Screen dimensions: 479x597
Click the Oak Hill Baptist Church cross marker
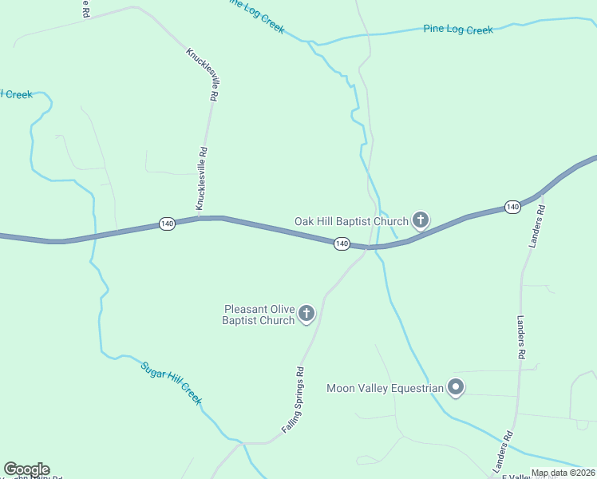421,220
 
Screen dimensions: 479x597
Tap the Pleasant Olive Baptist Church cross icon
306,315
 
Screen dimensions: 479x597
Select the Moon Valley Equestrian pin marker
456,388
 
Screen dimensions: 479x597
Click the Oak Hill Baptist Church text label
351,221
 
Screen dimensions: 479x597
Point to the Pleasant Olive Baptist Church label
259,315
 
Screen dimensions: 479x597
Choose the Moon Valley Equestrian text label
385,389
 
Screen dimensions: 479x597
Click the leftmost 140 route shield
167,224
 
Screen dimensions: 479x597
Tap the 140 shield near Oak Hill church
342,243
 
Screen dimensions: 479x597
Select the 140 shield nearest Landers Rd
512,208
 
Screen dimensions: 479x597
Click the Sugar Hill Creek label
171,383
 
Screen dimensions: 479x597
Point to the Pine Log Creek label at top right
458,30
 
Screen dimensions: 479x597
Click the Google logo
26,469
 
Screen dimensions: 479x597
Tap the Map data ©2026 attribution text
563,473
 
